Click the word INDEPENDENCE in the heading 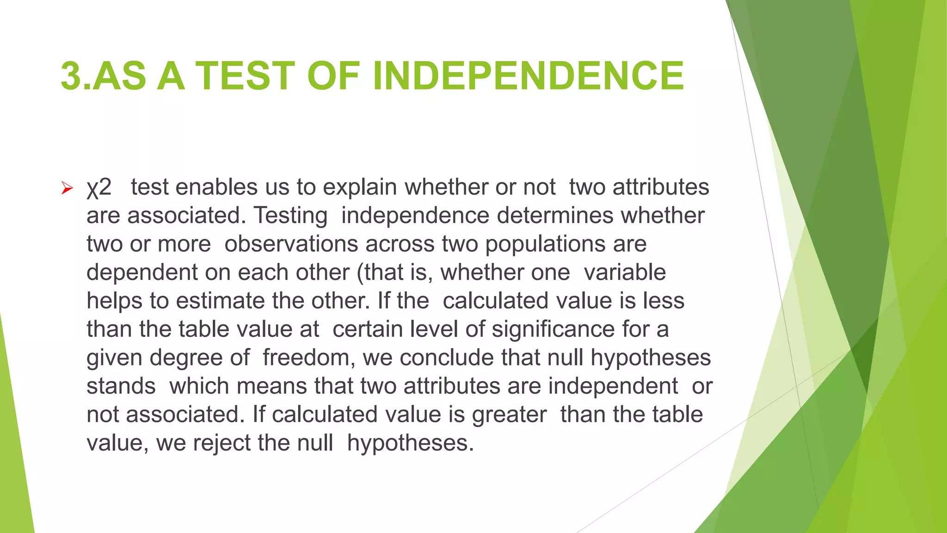click(528, 76)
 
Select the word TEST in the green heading click(246, 76)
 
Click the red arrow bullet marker click(67, 188)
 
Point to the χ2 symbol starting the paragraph click(99, 187)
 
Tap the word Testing click(291, 216)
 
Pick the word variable click(625, 273)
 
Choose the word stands click(121, 386)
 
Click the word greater click(509, 415)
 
